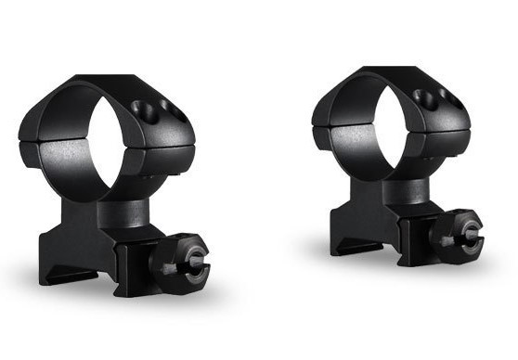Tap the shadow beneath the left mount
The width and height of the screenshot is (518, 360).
click(x=139, y=306)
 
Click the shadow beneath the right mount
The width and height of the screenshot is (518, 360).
click(x=408, y=269)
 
